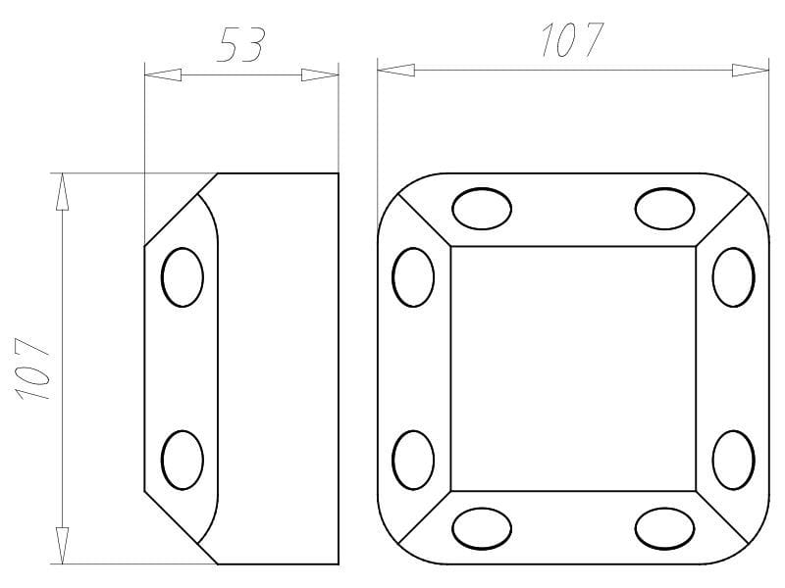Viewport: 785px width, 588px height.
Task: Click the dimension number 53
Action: (240, 45)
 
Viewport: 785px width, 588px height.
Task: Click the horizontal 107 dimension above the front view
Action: (572, 39)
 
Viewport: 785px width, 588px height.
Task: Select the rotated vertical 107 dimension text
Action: (33, 369)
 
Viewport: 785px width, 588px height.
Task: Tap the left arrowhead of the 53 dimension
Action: (163, 75)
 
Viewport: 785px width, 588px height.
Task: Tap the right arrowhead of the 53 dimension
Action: (320, 75)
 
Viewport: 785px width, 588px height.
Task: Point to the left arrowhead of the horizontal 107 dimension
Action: (396, 70)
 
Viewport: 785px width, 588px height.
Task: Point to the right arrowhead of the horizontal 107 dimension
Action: (751, 70)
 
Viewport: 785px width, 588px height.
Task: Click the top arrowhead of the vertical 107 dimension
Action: (62, 191)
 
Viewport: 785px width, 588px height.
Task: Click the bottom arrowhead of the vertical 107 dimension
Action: (62, 546)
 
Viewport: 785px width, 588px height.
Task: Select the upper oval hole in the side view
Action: (183, 277)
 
